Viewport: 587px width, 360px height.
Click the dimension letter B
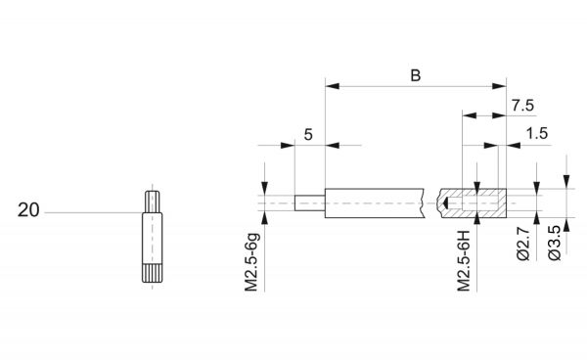tap(416, 75)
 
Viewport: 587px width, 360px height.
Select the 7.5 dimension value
tap(523, 106)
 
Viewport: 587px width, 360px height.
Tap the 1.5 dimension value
tap(537, 133)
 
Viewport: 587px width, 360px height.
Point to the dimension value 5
tap(308, 134)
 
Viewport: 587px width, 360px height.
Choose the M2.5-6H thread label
tap(464, 261)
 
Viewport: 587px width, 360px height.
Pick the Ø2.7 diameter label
tap(523, 244)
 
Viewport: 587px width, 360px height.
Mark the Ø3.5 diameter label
tap(555, 244)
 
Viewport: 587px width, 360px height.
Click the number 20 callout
tap(28, 210)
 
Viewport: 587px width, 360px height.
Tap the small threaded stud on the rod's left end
tap(309, 203)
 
